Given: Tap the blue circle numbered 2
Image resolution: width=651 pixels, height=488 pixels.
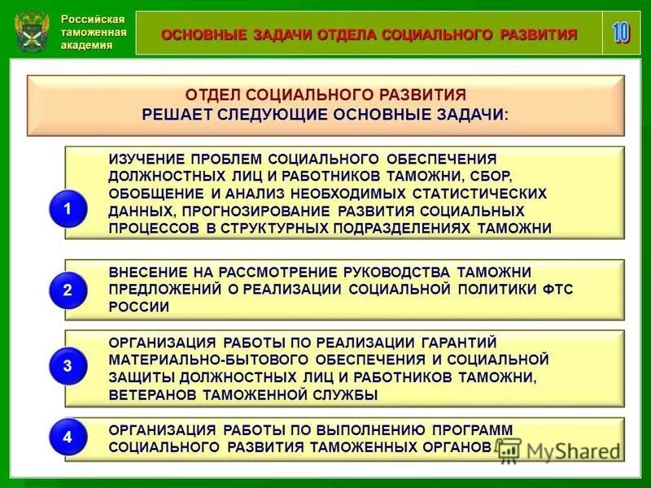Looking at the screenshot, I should (x=68, y=290).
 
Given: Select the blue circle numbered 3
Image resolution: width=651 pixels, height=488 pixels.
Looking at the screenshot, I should (x=68, y=367).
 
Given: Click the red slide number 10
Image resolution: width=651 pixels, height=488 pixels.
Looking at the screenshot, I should (x=621, y=33).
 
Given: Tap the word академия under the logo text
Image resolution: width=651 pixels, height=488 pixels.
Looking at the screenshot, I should (x=87, y=46).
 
